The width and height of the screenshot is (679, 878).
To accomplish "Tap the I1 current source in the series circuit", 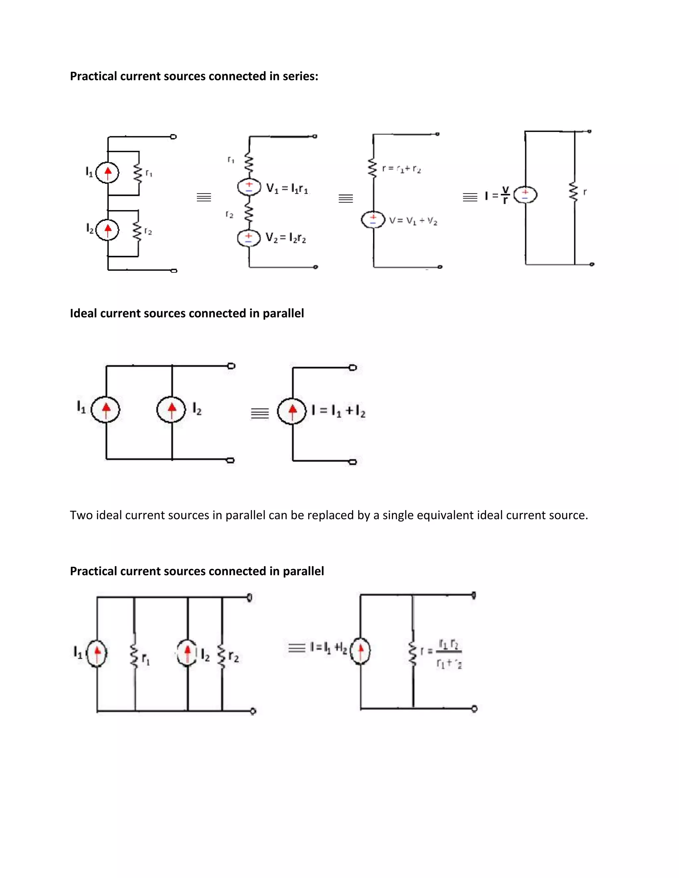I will coord(107,173).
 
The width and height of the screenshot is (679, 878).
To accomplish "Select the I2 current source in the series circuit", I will coord(107,230).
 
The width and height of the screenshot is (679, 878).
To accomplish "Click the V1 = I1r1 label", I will coord(287,188).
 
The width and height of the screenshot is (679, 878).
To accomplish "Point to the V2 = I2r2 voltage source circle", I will coord(249,238).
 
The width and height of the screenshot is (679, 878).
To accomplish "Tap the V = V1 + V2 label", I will coord(413,221).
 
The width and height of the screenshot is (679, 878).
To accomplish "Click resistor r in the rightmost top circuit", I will coord(574,192).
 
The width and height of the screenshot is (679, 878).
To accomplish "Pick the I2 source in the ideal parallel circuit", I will coord(172,410).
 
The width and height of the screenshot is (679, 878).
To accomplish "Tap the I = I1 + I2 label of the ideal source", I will coord(338,411).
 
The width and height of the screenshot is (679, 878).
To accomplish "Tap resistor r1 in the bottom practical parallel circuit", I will coord(134,656).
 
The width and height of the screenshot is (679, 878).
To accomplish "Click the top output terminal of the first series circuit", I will coord(173,137).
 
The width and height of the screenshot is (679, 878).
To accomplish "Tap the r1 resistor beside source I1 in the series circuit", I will coord(138,174).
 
